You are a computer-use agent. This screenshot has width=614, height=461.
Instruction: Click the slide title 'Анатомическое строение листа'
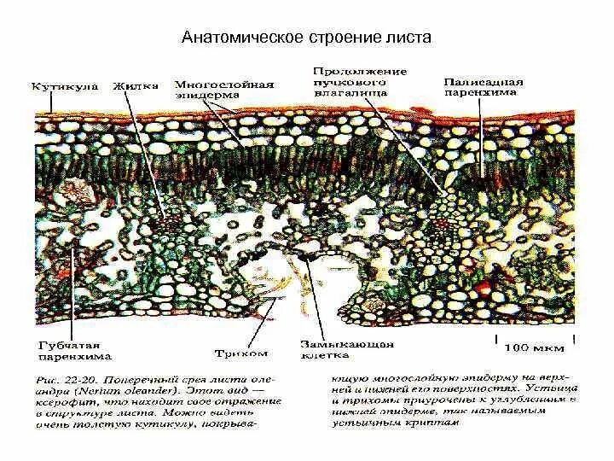point(309,38)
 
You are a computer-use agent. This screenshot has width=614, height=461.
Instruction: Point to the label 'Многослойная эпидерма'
point(223,90)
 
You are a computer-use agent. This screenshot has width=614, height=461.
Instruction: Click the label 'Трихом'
point(241,353)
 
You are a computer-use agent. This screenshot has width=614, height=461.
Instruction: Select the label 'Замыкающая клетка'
point(346,349)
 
